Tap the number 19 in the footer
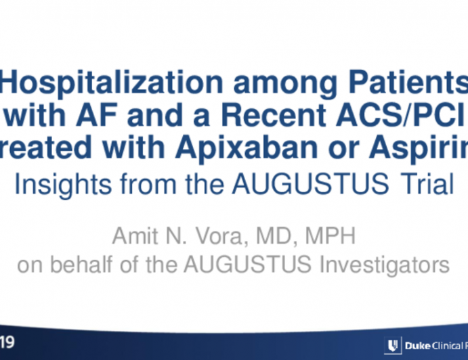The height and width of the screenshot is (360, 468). click(x=8, y=344)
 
